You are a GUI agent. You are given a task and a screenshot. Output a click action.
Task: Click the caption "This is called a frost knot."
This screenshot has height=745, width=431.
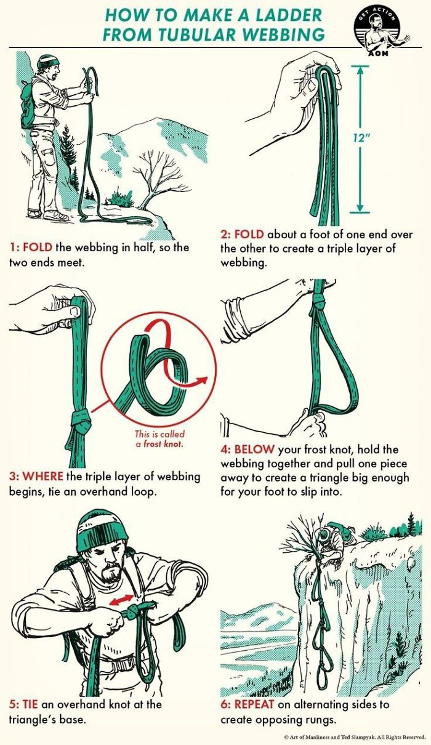click(159, 438)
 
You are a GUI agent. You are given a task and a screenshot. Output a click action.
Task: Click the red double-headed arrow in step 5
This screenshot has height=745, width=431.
click(121, 599)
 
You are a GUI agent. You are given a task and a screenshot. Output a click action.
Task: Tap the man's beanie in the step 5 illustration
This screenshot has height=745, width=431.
click(102, 531)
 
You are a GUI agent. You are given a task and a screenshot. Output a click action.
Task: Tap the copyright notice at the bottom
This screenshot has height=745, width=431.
click(354, 736)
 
